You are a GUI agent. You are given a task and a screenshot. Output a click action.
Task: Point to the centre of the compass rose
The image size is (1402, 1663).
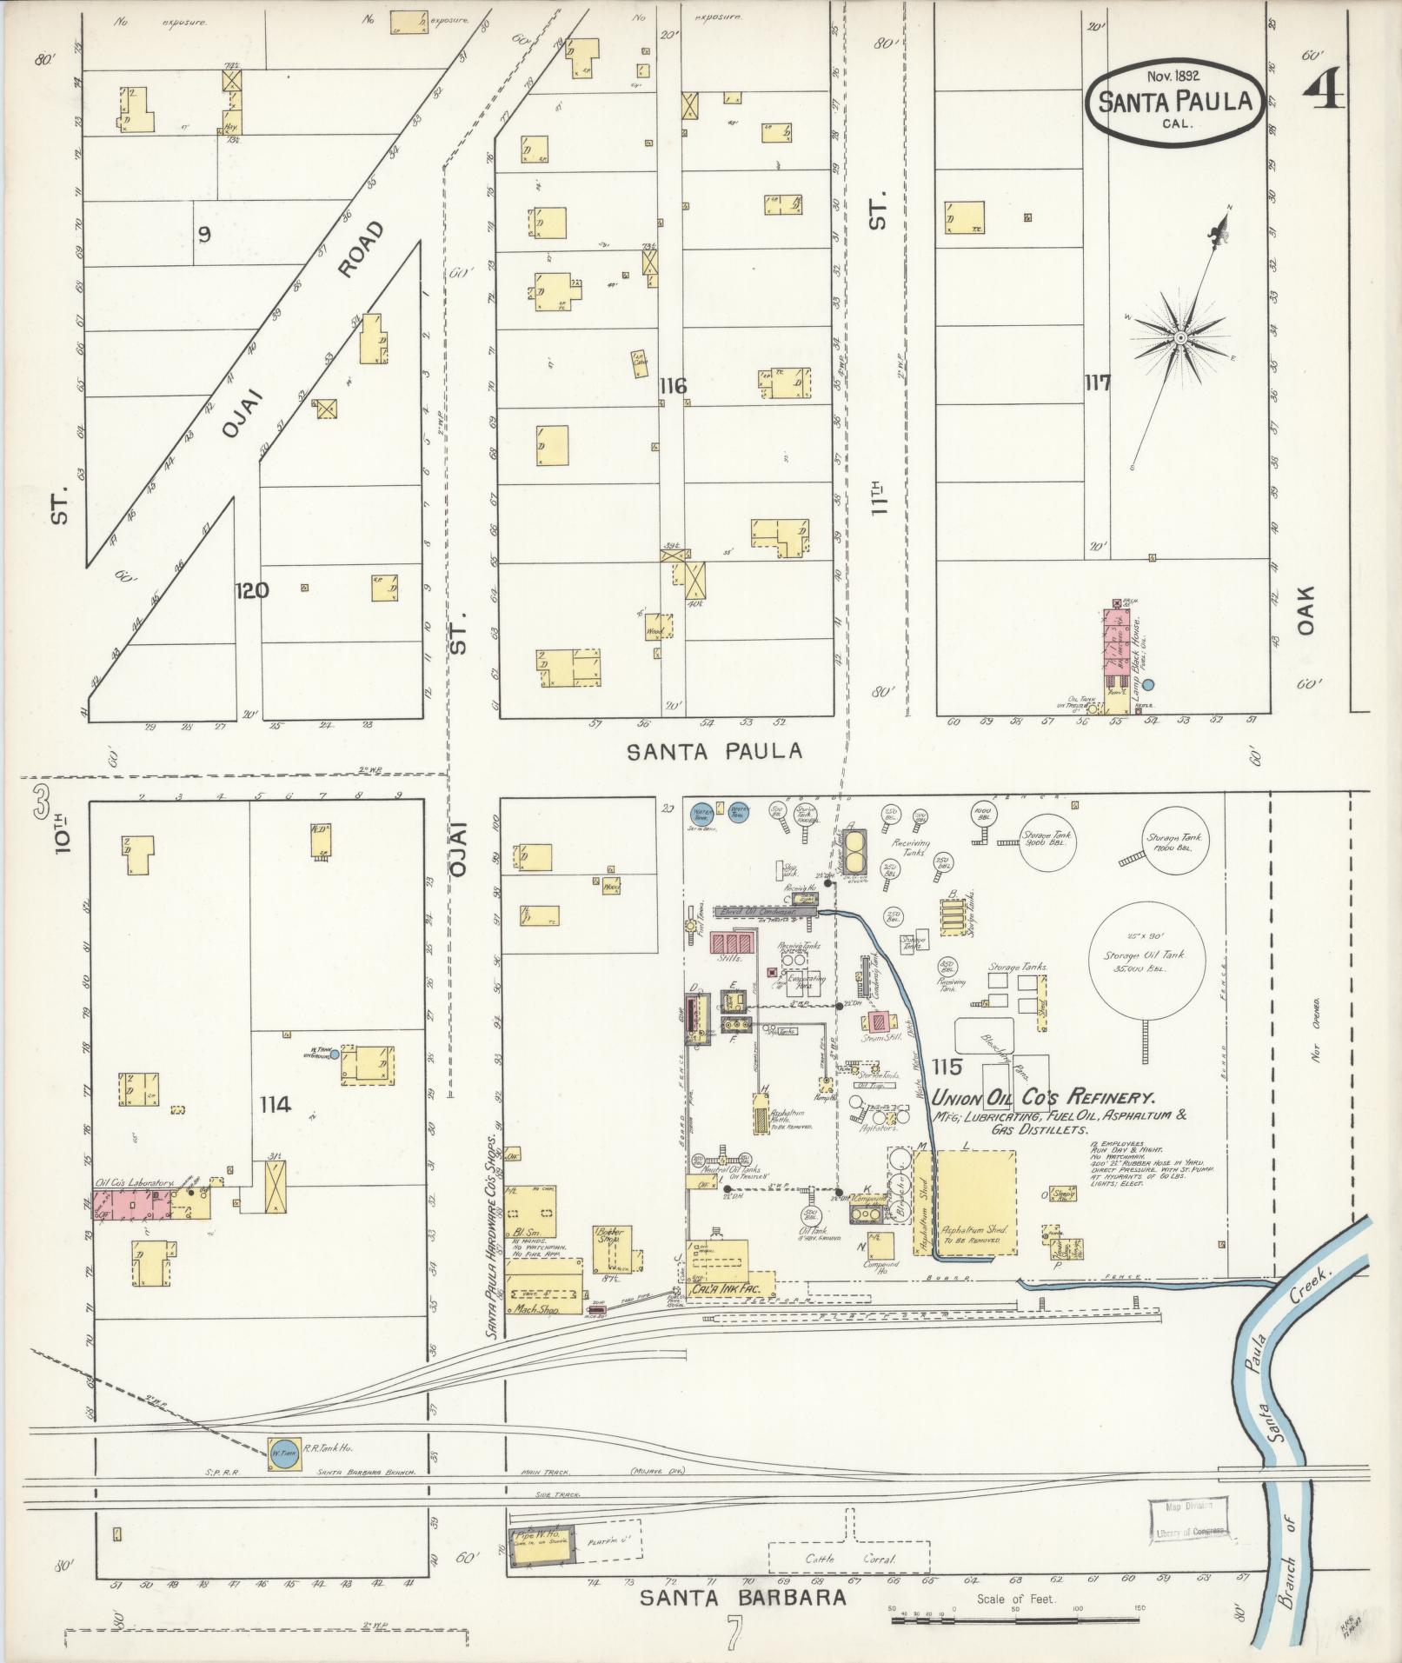[x=1181, y=337]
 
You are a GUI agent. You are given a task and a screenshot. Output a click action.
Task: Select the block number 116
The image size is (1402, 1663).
[x=672, y=386]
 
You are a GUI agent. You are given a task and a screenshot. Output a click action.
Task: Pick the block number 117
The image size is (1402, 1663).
[x=1097, y=382]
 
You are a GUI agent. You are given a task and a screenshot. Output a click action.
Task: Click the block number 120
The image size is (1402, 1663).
[x=251, y=591]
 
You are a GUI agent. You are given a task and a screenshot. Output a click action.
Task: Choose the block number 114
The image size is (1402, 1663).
[x=275, y=1104]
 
